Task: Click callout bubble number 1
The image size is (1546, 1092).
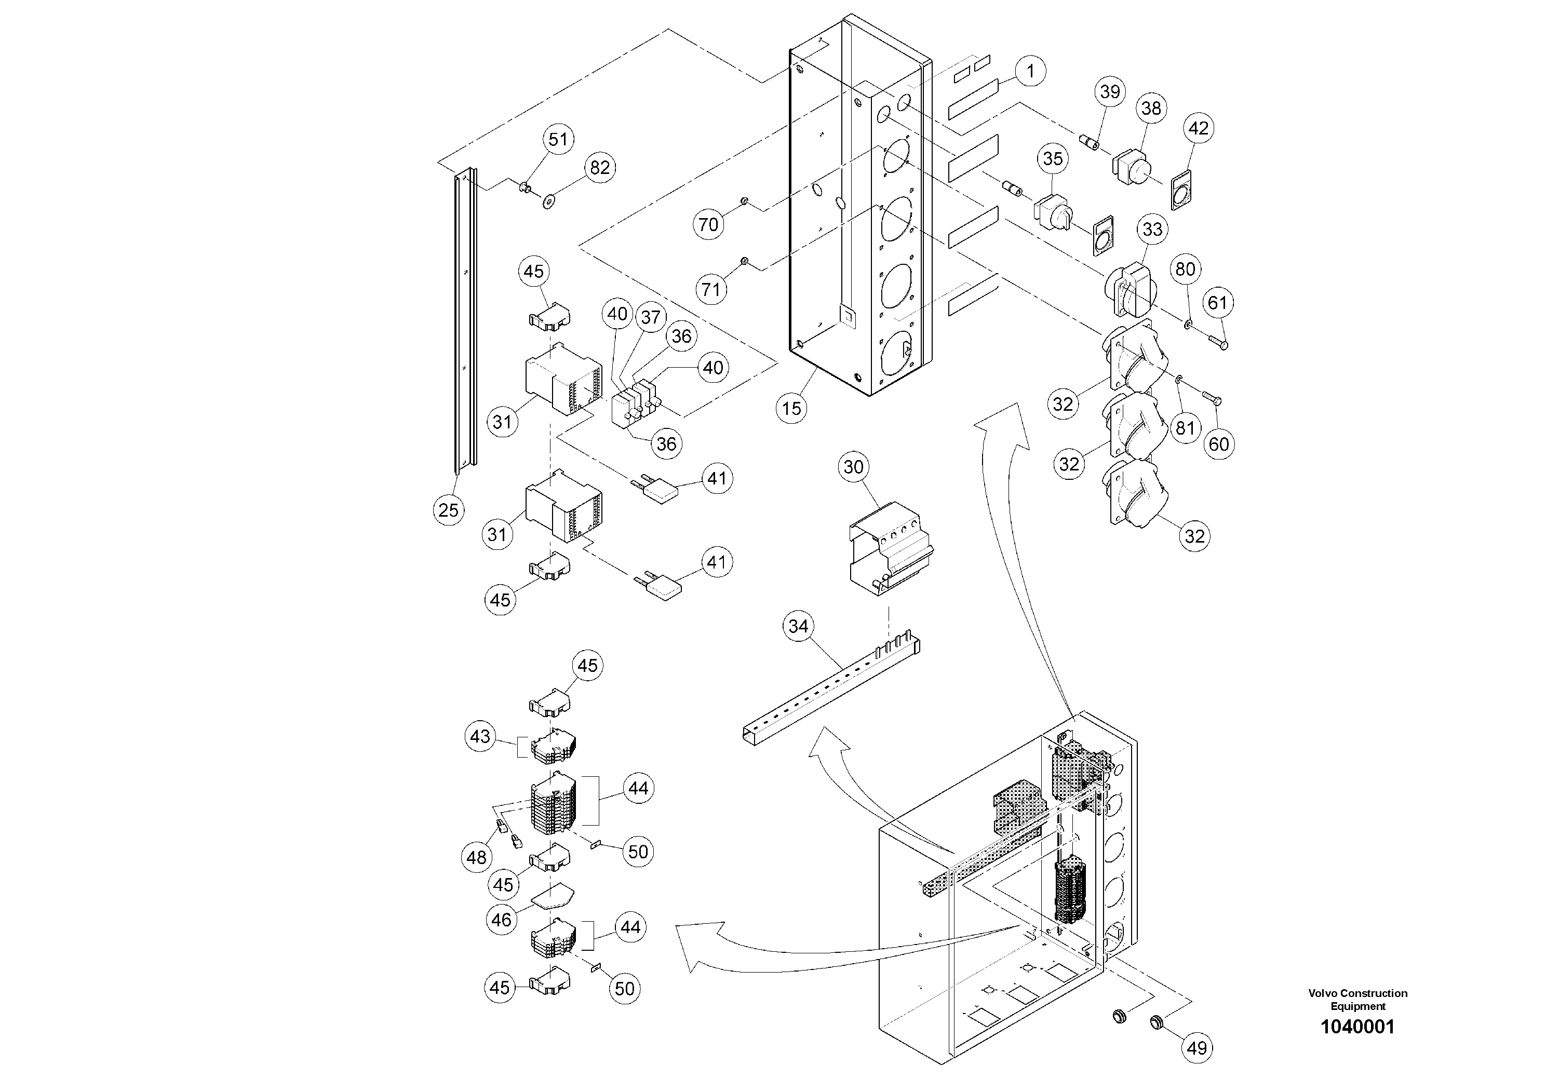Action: pos(1030,71)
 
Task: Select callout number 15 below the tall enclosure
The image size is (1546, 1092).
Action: pos(792,408)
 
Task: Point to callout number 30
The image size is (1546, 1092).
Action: pos(853,467)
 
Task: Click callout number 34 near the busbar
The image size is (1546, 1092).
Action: pos(798,626)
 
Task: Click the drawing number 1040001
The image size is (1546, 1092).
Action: pos(1357,1027)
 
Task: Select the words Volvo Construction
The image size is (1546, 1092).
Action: pos(1357,993)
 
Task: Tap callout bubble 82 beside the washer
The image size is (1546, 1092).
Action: pos(599,168)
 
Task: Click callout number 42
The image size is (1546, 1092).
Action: pos(1199,128)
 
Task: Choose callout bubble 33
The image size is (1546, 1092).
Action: pos(1152,230)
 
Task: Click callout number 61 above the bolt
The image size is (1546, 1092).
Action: pos(1217,303)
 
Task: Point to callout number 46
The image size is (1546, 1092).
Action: pos(502,920)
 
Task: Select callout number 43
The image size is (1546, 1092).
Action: pos(480,736)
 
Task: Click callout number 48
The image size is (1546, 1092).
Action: pos(477,858)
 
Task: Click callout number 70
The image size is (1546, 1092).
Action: pos(708,224)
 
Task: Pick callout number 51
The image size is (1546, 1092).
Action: pos(558,139)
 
